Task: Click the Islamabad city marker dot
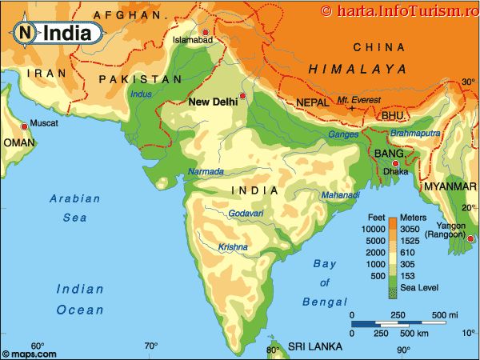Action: pyautogui.click(x=206, y=32)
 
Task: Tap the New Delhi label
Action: pyautogui.click(x=214, y=102)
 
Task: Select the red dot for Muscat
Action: pyautogui.click(x=22, y=123)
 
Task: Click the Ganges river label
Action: pyautogui.click(x=344, y=134)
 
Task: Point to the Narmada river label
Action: pyautogui.click(x=206, y=172)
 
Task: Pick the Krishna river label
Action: pyautogui.click(x=233, y=246)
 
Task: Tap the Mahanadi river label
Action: pyautogui.click(x=341, y=195)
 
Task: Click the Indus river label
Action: pyautogui.click(x=142, y=95)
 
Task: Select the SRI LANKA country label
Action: pyautogui.click(x=315, y=347)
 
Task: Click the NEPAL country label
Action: pyautogui.click(x=312, y=103)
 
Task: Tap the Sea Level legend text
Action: pyautogui.click(x=418, y=286)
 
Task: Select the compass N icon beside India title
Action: pyautogui.click(x=26, y=33)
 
